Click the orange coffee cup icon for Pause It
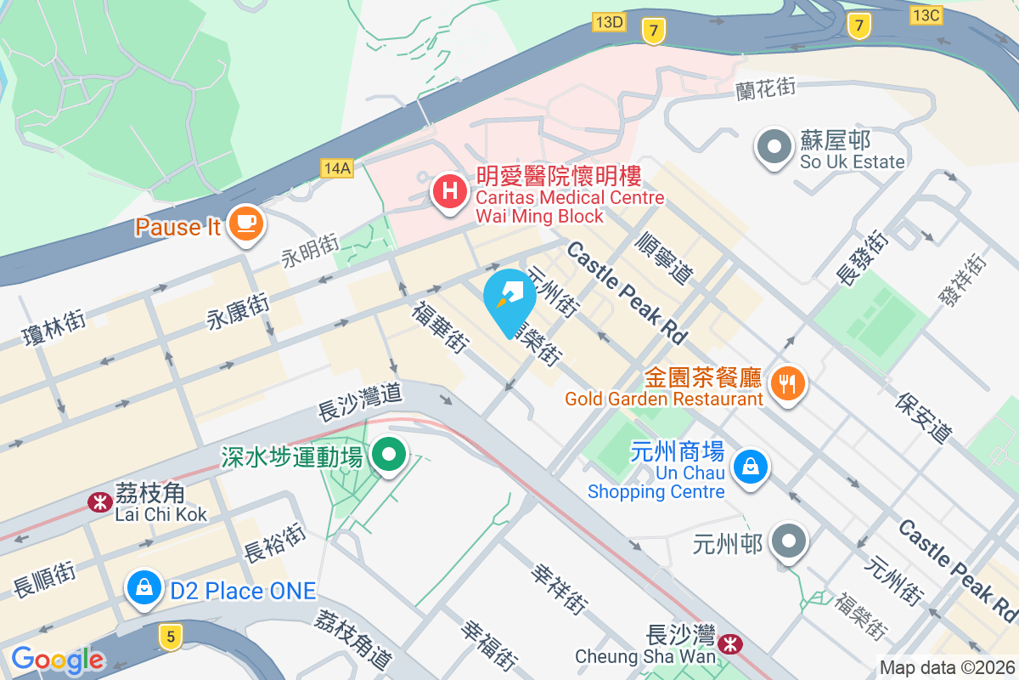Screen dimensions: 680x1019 coord(245,224)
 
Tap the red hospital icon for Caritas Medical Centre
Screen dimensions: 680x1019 coord(448,190)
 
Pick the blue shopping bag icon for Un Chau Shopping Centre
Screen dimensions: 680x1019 coord(751,467)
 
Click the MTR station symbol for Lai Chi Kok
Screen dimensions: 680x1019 coord(100,502)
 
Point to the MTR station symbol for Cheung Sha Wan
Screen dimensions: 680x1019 coord(729,644)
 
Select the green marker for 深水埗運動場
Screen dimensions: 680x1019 coord(389,456)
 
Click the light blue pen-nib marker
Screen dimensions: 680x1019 coord(509,298)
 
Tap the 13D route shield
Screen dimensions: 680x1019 coord(610,22)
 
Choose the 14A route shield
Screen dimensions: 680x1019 coord(337,167)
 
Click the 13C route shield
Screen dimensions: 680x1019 coord(926,14)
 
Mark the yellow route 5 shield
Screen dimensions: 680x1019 coord(172,636)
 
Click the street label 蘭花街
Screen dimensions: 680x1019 coord(767,87)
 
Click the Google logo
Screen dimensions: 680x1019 coord(57,659)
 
